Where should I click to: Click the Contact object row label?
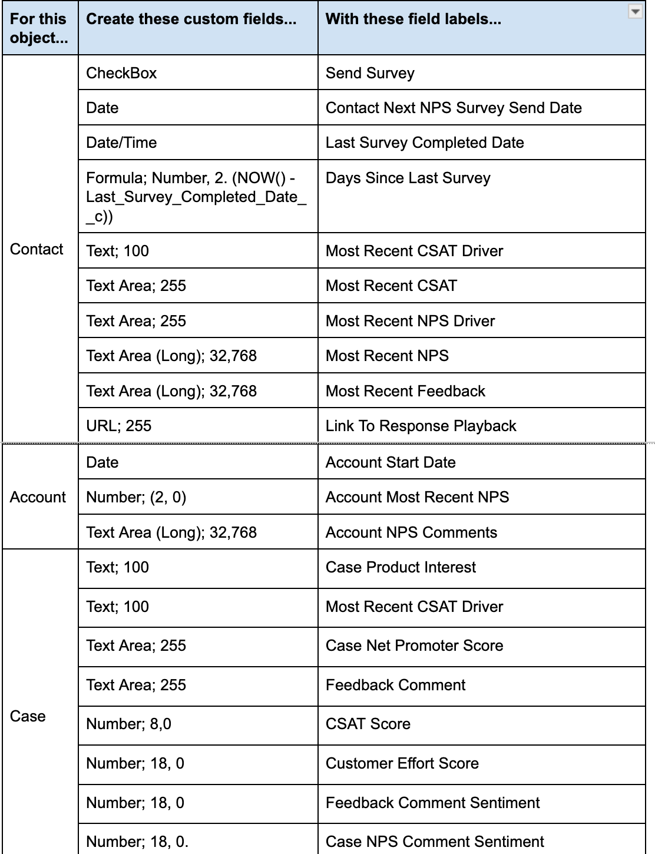tap(37, 249)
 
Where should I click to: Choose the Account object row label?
tap(38, 497)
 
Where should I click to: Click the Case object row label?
tap(28, 716)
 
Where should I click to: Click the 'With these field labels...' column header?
tap(413, 19)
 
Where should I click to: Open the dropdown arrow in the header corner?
tap(635, 12)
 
